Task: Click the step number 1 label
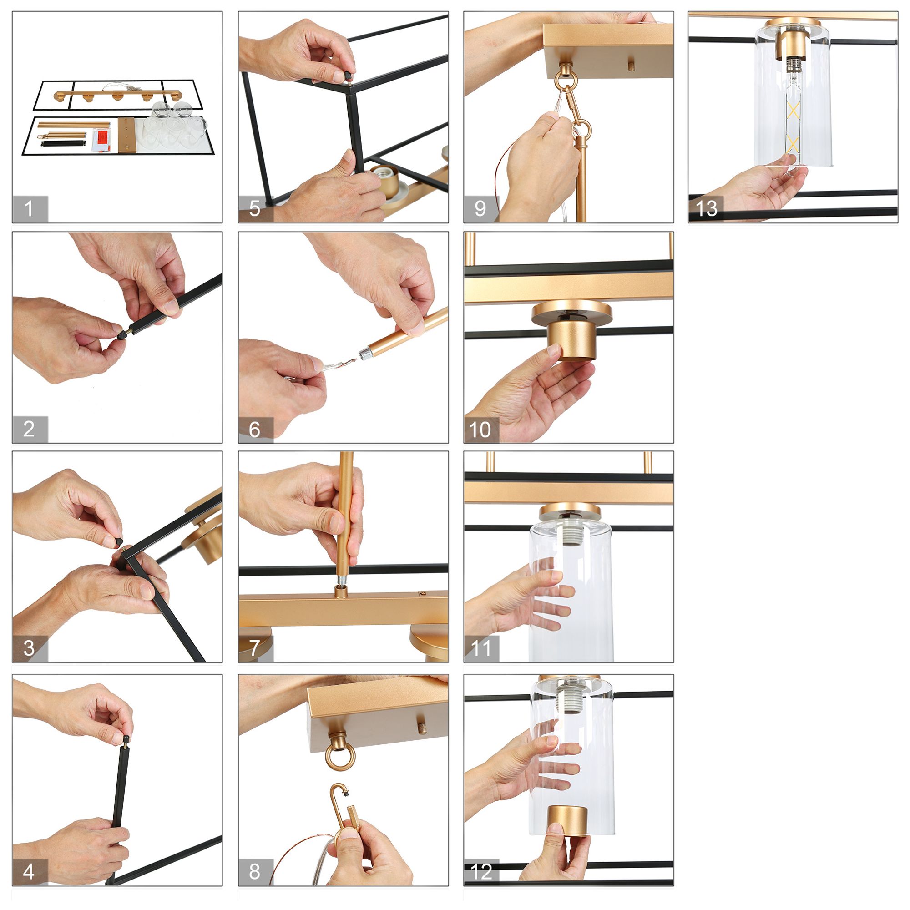[x=29, y=208]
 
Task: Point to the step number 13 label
[x=706, y=208]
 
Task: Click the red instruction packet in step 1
[x=101, y=138]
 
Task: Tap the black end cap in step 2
[x=122, y=334]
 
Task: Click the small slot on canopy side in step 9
[x=632, y=63]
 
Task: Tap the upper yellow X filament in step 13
[x=793, y=111]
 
